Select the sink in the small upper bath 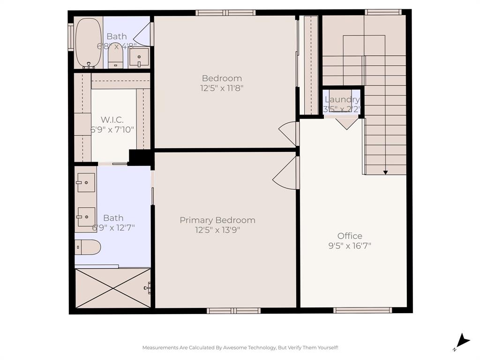point(139,58)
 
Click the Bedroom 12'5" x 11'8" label point(222,82)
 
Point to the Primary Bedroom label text point(217,220)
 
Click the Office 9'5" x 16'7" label point(350,240)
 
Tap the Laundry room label point(342,99)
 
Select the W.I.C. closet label point(112,120)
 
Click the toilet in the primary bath point(88,247)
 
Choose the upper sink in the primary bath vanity point(86,182)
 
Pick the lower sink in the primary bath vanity point(86,217)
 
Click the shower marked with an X point(113,288)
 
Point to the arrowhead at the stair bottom point(385,172)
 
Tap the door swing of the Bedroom point(288,134)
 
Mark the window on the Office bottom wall point(362,310)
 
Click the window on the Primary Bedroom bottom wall point(233,310)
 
